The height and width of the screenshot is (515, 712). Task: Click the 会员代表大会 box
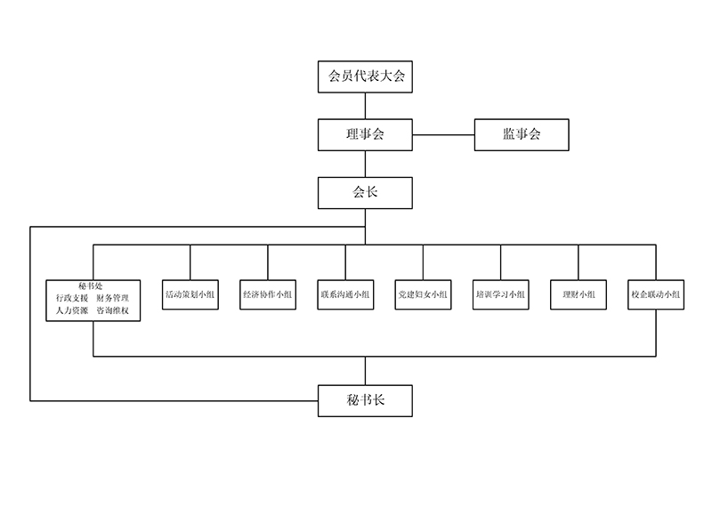[365, 77]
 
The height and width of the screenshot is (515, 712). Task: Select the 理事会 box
[365, 134]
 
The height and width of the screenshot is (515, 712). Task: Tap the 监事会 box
[522, 134]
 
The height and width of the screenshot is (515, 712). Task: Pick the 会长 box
[365, 190]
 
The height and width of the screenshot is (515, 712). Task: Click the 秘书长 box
[365, 401]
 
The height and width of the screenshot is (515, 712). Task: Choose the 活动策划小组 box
[190, 294]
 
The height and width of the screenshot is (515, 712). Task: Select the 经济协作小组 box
[268, 294]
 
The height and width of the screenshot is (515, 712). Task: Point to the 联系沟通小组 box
[345, 294]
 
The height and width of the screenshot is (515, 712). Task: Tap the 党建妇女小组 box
[423, 294]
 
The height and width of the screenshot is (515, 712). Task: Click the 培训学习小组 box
[500, 294]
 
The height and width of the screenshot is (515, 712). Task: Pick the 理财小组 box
[578, 294]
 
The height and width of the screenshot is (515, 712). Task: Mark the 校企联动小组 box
[656, 294]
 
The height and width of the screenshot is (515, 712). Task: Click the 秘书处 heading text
[92, 285]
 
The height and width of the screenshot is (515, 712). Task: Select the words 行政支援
[71, 298]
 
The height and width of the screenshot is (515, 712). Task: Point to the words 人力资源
[71, 311]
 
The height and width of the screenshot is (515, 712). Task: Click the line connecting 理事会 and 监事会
[443, 135]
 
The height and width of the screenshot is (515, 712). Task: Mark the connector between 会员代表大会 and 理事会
[365, 106]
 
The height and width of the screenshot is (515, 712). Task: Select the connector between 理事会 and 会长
[365, 163]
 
